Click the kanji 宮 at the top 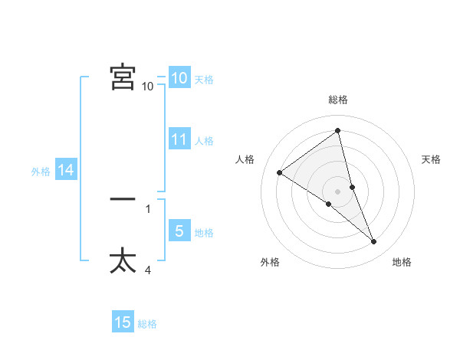(123, 77)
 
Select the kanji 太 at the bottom (123, 260)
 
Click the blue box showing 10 (179, 77)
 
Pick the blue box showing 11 (179, 139)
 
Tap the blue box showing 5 (179, 231)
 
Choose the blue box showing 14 (66, 171)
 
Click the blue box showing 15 (123, 322)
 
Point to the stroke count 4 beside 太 (148, 270)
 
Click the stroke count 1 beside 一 (148, 208)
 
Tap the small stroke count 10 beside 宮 (148, 87)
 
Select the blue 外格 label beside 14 (41, 172)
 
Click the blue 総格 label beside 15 (147, 324)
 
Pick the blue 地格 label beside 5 (204, 233)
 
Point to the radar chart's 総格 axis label (338, 100)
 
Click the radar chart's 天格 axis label (431, 159)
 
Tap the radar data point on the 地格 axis (374, 242)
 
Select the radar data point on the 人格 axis (279, 172)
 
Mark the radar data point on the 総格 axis (338, 131)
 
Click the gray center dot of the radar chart (338, 191)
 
